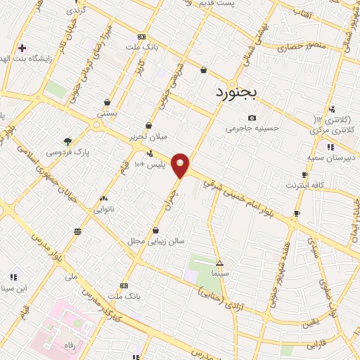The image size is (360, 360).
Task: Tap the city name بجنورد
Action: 238,92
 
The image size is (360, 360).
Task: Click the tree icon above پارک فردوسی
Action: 67,141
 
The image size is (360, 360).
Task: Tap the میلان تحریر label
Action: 146,137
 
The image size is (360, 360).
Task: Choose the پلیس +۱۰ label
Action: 149,164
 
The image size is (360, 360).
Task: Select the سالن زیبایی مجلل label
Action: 155,240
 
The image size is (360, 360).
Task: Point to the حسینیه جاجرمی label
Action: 252,129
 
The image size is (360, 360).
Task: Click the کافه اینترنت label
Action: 304,185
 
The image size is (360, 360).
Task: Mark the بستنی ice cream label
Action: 107,113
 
